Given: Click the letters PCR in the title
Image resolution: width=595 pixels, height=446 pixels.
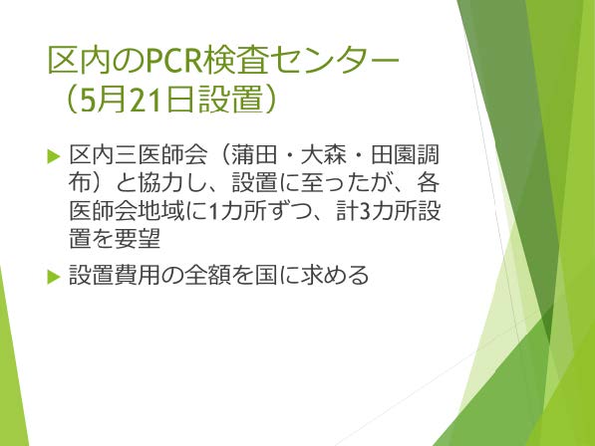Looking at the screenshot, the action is click(x=173, y=61).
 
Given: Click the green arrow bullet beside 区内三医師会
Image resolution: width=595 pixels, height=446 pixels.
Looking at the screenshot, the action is click(x=54, y=156).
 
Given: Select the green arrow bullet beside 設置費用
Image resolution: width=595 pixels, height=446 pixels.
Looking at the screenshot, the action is click(x=54, y=276).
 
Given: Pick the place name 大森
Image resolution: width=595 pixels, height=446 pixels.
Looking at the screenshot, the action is click(x=323, y=155).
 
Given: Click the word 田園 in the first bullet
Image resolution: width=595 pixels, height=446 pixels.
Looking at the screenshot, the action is click(x=393, y=155).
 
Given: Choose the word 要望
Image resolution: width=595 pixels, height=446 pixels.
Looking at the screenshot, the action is click(x=139, y=238).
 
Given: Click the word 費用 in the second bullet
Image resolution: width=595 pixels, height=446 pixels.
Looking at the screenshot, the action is click(x=139, y=275).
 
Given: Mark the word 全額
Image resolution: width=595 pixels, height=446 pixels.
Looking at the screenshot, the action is click(x=207, y=275).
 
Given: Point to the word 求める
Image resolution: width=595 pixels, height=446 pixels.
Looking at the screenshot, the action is click(x=334, y=275).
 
